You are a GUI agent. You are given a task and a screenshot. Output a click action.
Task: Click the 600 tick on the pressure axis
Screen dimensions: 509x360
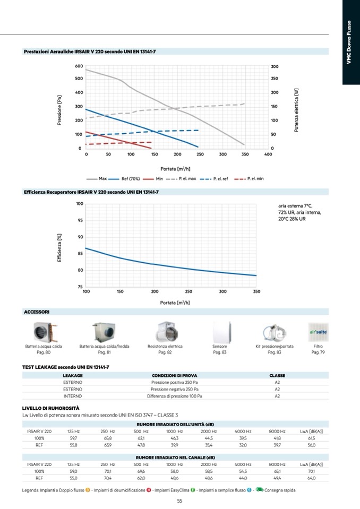pos(79,66)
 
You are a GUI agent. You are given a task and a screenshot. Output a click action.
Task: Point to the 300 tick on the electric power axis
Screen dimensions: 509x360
pos(275,66)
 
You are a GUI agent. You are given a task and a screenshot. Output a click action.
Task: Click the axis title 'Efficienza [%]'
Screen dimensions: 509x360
pos(60,247)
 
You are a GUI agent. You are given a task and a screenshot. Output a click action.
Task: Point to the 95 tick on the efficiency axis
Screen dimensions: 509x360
pos(80,220)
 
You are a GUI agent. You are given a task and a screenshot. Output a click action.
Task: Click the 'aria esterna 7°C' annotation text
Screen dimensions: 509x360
pos(295,205)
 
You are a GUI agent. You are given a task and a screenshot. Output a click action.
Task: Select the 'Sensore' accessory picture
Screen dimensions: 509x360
pos(220,332)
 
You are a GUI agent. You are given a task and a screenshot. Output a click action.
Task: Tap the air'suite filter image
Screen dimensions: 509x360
pos(317,332)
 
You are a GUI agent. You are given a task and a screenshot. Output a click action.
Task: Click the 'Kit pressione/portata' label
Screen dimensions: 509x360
pos(275,347)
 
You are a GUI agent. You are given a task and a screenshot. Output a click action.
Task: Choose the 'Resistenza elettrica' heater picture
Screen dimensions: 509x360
pos(165,333)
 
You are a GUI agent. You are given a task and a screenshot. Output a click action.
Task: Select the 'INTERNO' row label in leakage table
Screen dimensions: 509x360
pos(73,396)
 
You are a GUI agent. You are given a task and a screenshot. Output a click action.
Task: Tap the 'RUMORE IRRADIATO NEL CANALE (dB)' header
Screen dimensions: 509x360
pos(176,458)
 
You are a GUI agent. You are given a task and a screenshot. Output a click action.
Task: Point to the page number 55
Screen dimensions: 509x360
pos(180,501)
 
